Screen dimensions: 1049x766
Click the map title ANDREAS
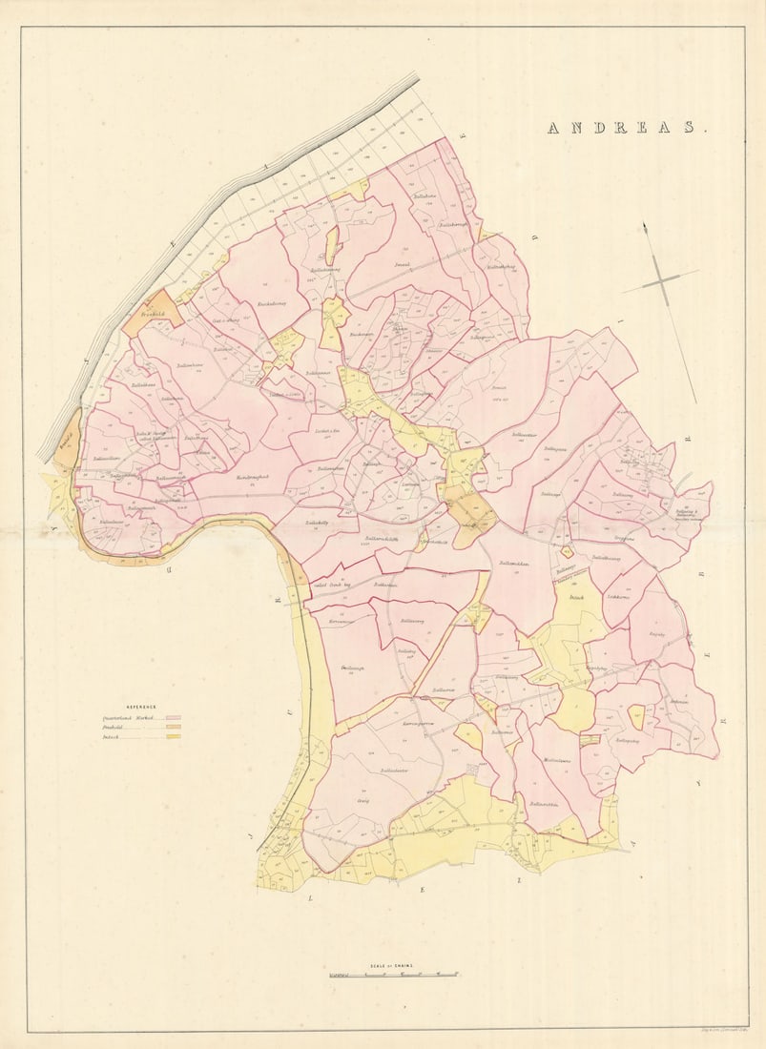(x=627, y=128)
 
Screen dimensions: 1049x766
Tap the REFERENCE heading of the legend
(x=119, y=708)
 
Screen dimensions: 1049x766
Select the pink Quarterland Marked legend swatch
(x=173, y=717)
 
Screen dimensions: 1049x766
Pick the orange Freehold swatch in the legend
(x=173, y=727)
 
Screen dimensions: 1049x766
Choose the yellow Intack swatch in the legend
(x=173, y=736)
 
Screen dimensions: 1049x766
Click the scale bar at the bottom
(x=394, y=974)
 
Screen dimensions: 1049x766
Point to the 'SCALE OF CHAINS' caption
(x=393, y=964)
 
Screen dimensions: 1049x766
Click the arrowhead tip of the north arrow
(x=645, y=225)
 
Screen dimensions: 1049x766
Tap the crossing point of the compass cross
(x=661, y=280)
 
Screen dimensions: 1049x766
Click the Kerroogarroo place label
(x=419, y=726)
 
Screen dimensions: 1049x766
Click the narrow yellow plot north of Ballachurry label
(x=332, y=245)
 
